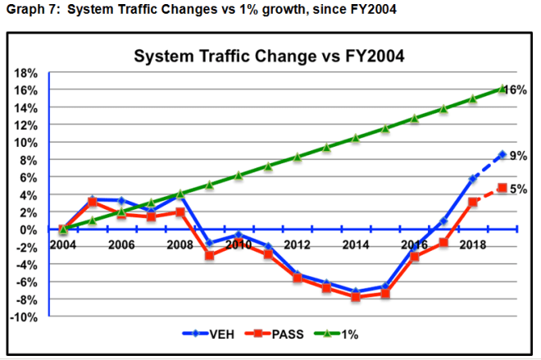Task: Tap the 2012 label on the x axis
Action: (297, 245)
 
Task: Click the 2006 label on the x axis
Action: (121, 245)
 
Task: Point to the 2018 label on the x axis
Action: (472, 245)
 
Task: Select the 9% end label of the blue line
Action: (518, 155)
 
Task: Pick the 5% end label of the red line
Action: (518, 189)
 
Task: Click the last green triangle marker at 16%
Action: (502, 89)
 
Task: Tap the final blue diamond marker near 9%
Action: (502, 154)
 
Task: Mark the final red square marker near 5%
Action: (502, 188)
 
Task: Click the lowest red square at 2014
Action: (356, 297)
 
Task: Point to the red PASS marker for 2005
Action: (92, 202)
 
